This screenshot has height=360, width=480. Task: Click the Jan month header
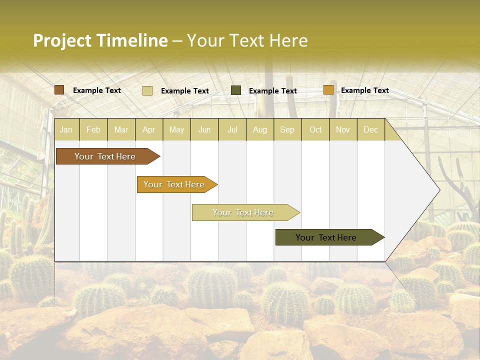point(66,130)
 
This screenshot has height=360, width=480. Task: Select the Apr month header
point(149,130)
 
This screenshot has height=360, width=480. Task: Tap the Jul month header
point(232,130)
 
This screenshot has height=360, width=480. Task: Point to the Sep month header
point(287,130)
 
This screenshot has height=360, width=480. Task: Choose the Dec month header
point(370,130)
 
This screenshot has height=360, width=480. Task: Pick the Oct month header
point(315,130)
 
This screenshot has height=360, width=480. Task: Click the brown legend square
point(59,90)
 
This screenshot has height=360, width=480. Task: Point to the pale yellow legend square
point(147,90)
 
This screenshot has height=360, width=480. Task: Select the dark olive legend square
point(236,90)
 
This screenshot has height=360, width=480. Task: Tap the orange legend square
point(328,90)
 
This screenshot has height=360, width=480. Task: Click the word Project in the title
point(62,40)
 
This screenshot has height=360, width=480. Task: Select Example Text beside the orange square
point(364,90)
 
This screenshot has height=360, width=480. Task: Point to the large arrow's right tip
point(439,190)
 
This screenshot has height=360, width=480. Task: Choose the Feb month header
point(93,130)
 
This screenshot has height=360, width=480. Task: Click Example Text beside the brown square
point(97,90)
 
